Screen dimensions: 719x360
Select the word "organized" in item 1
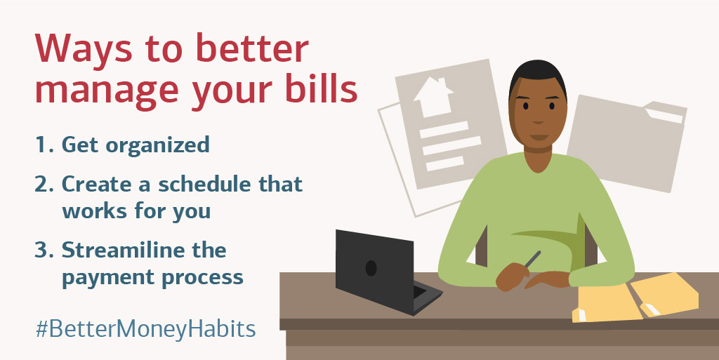[x=158, y=146]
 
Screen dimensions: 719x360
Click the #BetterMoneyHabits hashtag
[x=146, y=329]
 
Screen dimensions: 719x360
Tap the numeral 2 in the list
[x=41, y=185]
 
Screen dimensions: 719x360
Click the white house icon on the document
[x=433, y=95]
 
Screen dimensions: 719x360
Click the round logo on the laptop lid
[x=371, y=268]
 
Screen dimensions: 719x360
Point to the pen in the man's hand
[x=532, y=259]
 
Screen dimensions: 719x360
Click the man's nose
[x=539, y=120]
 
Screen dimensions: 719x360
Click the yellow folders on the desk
[x=635, y=298]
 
